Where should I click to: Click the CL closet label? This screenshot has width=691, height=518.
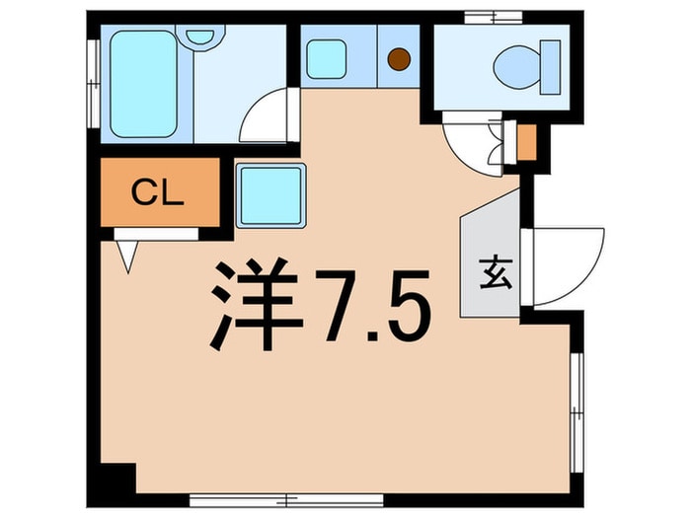pyautogui.click(x=158, y=192)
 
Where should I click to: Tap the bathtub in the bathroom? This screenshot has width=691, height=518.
pyautogui.click(x=143, y=84)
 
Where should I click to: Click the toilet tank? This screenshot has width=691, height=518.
pyautogui.click(x=551, y=67)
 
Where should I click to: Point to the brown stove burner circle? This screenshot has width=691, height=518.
pyautogui.click(x=399, y=58)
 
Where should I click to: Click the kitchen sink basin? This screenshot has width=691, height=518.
pyautogui.click(x=326, y=59)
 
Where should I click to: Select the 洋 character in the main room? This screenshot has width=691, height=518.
pyautogui.click(x=257, y=304)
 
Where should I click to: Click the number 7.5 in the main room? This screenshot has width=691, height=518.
pyautogui.click(x=372, y=306)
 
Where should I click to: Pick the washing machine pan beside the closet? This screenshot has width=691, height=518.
pyautogui.click(x=271, y=195)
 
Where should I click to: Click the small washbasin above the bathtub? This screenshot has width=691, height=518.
pyautogui.click(x=200, y=37)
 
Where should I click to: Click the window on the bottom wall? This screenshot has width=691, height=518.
pyautogui.click(x=286, y=500)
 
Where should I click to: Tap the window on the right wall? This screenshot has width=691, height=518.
pyautogui.click(x=576, y=412)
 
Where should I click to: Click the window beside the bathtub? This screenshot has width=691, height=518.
pyautogui.click(x=94, y=84)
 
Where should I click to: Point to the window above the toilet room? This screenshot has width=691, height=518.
pyautogui.click(x=494, y=18)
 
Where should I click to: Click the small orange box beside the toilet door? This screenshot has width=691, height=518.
pyautogui.click(x=526, y=143)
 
